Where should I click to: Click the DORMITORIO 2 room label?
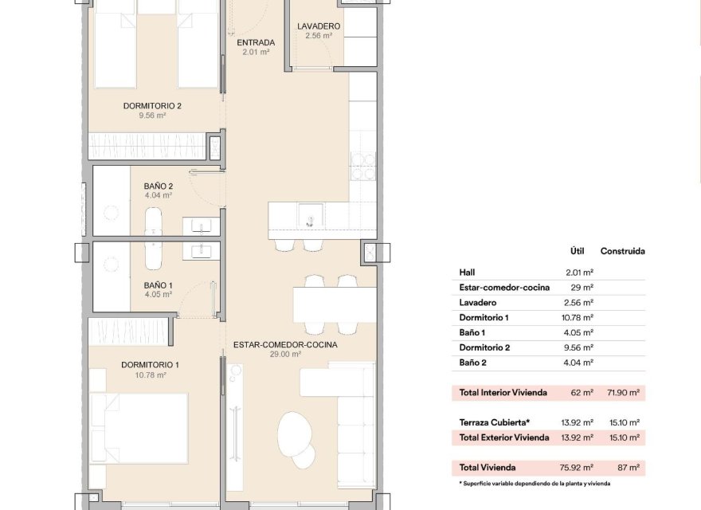[152, 105]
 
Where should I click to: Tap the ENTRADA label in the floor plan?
[256, 43]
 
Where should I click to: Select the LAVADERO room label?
[319, 26]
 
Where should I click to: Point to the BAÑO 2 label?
[158, 186]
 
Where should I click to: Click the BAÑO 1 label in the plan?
[158, 284]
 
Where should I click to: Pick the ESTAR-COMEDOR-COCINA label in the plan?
[285, 345]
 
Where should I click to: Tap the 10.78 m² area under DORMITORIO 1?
[149, 375]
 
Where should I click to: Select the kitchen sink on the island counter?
[310, 215]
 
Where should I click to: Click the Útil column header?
[578, 251]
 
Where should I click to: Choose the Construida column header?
[622, 251]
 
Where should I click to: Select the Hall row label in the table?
[467, 273]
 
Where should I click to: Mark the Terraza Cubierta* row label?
[495, 422]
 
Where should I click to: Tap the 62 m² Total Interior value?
[581, 393]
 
